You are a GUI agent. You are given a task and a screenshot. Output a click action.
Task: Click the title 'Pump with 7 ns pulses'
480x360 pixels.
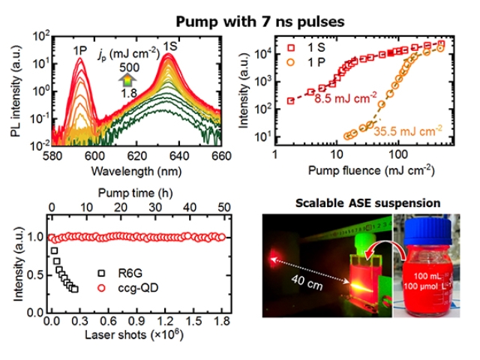[x=239, y=16]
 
